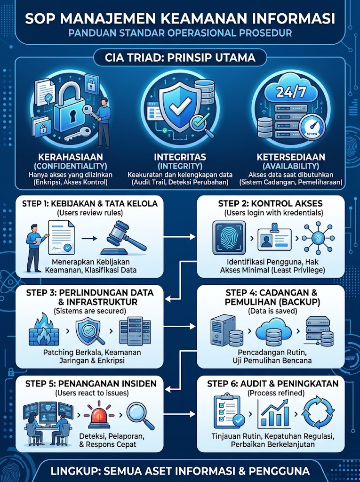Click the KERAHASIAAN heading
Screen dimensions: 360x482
coord(71,157)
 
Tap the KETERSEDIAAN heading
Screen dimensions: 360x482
coord(291,157)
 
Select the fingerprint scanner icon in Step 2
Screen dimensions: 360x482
coord(229,238)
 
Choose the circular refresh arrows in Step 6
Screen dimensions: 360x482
coord(318,412)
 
